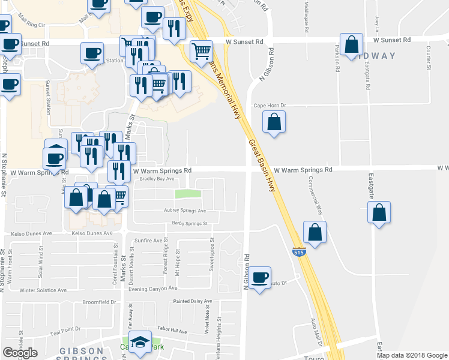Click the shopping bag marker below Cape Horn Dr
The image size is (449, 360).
coord(274,122)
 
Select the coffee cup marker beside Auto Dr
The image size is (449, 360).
coord(260,278)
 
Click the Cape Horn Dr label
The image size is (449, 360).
coord(270,105)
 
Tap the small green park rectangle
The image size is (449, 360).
coord(188,194)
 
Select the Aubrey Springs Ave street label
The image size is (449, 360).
coord(185,211)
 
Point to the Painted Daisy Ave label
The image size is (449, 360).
coord(193,301)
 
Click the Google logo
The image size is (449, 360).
coord(20,353)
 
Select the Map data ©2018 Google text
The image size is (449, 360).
coord(412,355)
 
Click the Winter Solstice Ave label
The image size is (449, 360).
coord(43,290)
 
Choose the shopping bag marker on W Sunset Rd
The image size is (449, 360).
coord(351,44)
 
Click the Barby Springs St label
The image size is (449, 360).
coord(189,223)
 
